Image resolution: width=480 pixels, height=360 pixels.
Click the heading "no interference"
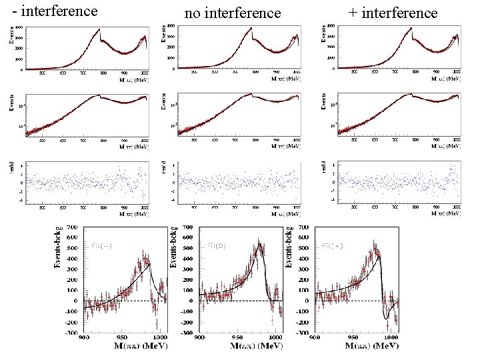(233, 13)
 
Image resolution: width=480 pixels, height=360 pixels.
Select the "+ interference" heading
(393, 13)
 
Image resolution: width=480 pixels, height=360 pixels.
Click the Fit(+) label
(333, 246)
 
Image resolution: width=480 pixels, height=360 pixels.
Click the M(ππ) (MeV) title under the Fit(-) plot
(124, 348)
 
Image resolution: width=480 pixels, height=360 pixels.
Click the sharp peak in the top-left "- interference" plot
(99, 29)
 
